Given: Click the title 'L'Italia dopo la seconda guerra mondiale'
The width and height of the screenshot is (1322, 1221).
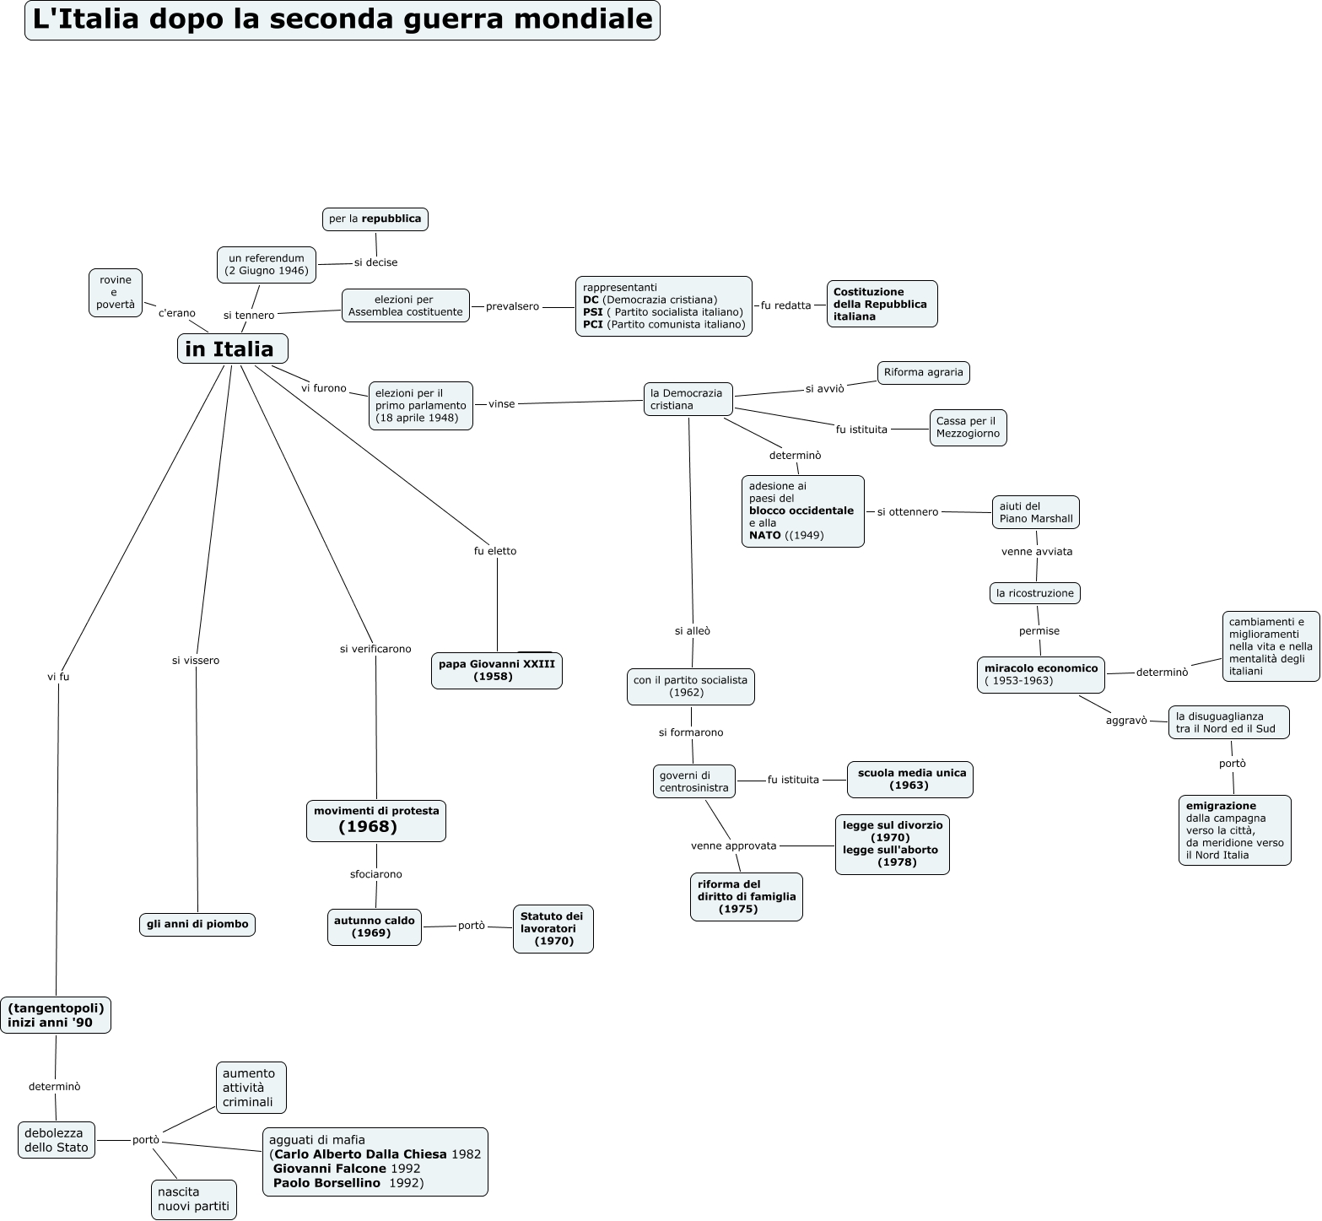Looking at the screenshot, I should (x=343, y=20).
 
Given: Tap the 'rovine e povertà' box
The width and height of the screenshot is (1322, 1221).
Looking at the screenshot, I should (x=116, y=293).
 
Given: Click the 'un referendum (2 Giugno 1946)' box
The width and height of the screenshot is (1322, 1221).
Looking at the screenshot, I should (x=267, y=264).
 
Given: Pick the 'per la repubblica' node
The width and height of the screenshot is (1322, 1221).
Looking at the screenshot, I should (x=375, y=219).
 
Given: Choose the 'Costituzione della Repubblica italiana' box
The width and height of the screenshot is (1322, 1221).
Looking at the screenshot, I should (x=882, y=304).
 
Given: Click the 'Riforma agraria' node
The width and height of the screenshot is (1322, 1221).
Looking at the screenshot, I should (x=923, y=372).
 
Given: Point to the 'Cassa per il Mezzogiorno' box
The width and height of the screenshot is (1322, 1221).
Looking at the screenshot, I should (x=968, y=427).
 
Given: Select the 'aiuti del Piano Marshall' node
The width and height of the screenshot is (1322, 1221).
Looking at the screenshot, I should (x=1035, y=512).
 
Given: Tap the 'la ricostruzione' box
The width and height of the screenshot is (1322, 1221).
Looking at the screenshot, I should (x=1034, y=593).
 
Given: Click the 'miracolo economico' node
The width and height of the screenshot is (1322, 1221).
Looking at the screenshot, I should (x=1041, y=674).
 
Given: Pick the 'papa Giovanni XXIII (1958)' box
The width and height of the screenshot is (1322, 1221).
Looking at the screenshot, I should (x=496, y=670).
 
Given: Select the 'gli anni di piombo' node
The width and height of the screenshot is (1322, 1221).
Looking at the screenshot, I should (x=197, y=924).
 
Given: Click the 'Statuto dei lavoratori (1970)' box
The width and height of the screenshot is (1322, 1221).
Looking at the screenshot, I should (x=553, y=928).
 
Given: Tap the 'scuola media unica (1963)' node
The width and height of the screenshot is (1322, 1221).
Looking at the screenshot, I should (x=909, y=779).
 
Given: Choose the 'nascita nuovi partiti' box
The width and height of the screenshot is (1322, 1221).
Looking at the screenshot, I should (x=193, y=1199).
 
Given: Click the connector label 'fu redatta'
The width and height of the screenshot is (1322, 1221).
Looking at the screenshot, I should (x=785, y=305).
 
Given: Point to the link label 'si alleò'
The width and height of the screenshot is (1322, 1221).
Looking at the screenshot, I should (x=693, y=630).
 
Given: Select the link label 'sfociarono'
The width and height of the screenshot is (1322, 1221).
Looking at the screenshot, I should (x=376, y=874).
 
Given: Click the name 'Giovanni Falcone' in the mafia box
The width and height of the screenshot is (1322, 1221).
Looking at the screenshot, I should (x=330, y=1169).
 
